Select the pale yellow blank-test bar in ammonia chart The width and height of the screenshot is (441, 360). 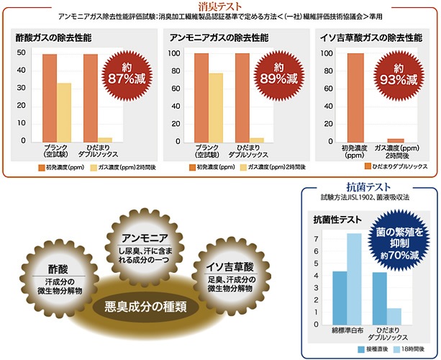(215, 107)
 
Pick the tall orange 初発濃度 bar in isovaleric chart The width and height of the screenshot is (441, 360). (355, 97)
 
